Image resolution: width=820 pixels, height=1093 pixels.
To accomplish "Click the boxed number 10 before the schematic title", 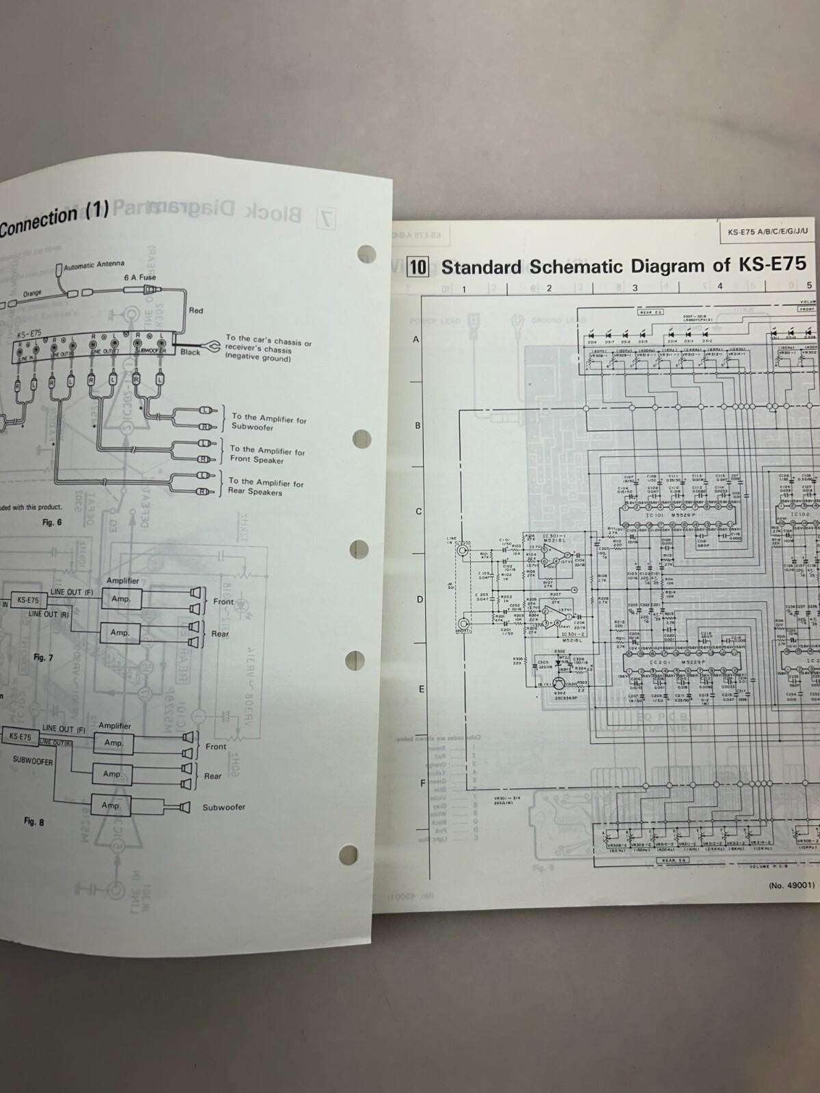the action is tap(417, 266).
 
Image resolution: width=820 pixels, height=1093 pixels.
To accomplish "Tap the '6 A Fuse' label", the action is tap(139, 277).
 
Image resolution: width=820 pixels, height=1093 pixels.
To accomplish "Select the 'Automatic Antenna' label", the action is tap(94, 265).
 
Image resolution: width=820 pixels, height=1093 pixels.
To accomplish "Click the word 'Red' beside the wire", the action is tap(196, 310).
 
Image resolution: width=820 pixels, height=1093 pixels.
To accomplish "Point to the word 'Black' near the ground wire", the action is tap(191, 352).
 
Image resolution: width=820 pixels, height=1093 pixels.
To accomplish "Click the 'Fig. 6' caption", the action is tap(51, 522).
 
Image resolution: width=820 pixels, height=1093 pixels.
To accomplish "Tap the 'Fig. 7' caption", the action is tap(43, 657).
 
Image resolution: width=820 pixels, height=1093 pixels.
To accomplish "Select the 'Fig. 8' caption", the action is tap(33, 822).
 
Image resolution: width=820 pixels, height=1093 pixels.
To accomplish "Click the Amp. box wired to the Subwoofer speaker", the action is tap(111, 805).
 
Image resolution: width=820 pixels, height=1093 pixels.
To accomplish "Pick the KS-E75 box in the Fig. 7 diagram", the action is tap(28, 600).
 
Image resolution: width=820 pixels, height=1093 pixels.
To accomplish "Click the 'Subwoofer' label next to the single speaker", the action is tap(223, 807).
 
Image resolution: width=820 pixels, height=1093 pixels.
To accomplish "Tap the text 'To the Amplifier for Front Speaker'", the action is tap(267, 455).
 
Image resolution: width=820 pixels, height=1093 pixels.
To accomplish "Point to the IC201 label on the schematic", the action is tap(660, 663).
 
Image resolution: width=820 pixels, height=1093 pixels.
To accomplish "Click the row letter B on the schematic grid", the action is tap(418, 426).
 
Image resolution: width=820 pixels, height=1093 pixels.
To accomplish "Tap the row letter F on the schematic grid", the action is tap(423, 783).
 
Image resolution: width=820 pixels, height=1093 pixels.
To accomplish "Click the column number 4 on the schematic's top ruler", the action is tap(720, 287).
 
